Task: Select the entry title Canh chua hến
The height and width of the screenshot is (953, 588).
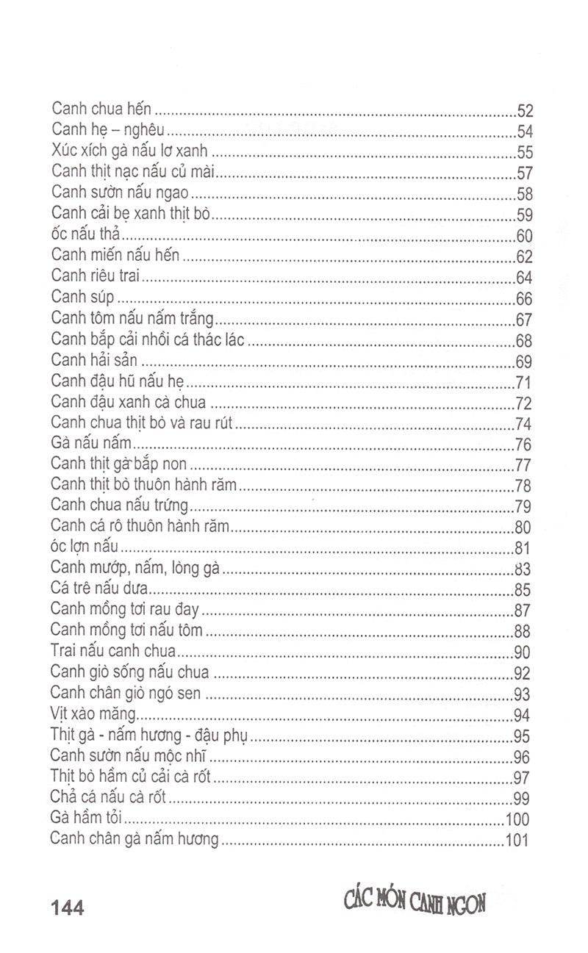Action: [101, 109]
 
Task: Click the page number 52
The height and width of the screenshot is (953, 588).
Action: [525, 112]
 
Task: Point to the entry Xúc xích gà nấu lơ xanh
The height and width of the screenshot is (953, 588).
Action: [130, 152]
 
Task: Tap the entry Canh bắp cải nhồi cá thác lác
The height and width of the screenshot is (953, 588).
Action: [148, 340]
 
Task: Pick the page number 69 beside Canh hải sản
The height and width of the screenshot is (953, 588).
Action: [525, 362]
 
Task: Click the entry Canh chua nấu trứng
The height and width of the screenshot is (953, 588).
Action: [121, 506]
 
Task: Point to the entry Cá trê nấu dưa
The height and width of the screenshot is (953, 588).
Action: [100, 589]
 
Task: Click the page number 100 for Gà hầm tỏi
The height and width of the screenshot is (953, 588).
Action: [520, 819]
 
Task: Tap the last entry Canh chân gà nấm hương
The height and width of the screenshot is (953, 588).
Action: [135, 838]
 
